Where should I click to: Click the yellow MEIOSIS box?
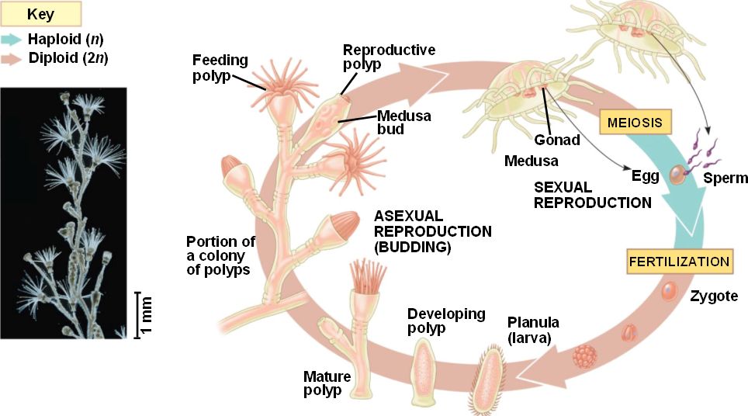click(x=634, y=123)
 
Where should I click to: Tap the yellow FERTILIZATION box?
click(x=679, y=262)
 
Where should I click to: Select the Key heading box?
click(x=40, y=14)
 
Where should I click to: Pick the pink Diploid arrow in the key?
click(x=14, y=58)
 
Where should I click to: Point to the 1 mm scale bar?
click(x=139, y=314)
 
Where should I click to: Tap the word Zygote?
click(x=713, y=296)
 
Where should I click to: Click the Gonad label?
click(x=556, y=140)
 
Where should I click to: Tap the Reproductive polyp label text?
click(x=389, y=57)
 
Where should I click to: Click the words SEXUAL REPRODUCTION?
click(x=592, y=195)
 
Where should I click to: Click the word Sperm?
click(x=725, y=179)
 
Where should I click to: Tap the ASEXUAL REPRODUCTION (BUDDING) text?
click(x=432, y=231)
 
